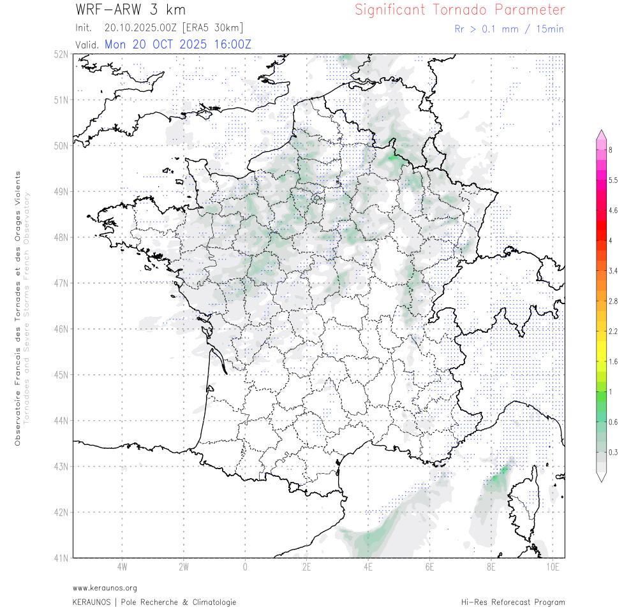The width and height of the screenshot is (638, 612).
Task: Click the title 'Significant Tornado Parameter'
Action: (x=459, y=10)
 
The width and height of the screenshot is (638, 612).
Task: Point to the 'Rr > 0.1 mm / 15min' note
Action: (x=508, y=29)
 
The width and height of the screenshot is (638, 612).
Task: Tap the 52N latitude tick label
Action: (x=61, y=54)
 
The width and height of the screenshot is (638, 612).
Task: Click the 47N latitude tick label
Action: (x=61, y=283)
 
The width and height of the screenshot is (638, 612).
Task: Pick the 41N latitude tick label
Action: (x=61, y=558)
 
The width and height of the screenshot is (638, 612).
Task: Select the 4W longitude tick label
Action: (x=122, y=566)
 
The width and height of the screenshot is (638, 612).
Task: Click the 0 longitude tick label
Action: (x=245, y=566)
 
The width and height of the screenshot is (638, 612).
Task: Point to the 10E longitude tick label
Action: (x=553, y=566)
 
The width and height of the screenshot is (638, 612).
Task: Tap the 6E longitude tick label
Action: (x=429, y=566)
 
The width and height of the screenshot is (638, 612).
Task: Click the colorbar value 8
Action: (x=611, y=150)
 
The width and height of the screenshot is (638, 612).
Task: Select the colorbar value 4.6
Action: (x=613, y=210)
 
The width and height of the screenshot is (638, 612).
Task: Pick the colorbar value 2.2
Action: (x=613, y=331)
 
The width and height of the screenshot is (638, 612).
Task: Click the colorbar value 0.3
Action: (x=613, y=453)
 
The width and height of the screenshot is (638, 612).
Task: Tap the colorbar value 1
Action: (x=611, y=392)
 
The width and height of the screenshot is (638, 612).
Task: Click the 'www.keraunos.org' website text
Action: (x=105, y=588)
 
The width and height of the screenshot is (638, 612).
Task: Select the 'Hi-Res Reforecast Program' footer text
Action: (x=513, y=602)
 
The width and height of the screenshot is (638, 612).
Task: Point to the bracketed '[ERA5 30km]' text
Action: (x=212, y=28)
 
